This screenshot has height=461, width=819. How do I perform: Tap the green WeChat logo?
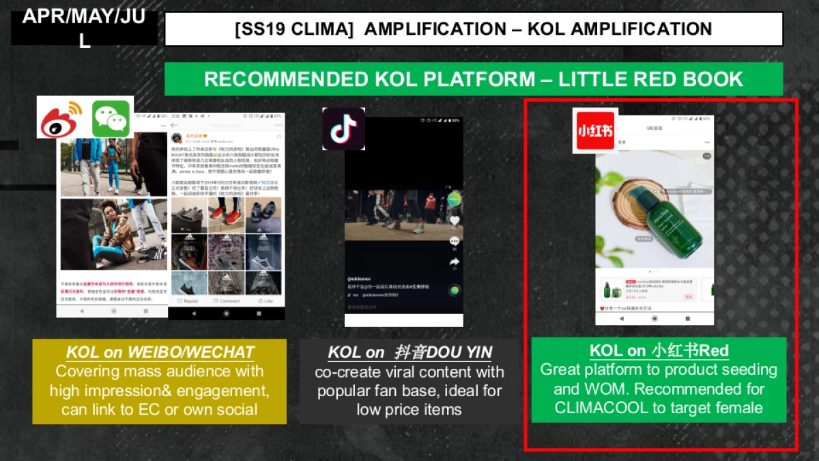tap(111, 119)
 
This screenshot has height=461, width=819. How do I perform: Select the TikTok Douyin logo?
tap(343, 128)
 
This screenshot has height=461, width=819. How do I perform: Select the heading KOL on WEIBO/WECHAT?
tap(160, 353)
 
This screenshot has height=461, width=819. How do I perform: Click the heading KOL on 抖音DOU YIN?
tap(409, 353)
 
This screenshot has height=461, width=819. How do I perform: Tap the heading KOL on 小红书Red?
tap(659, 351)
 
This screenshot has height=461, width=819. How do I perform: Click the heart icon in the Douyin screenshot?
tap(455, 221)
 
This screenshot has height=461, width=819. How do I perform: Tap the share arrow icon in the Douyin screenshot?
tap(455, 262)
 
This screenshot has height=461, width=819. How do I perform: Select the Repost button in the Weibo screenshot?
tap(187, 301)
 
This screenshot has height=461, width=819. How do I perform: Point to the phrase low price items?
tap(409, 410)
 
